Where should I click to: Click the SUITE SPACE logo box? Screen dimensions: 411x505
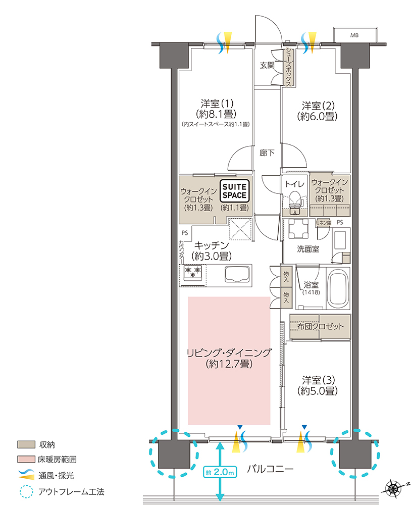tap(235, 191)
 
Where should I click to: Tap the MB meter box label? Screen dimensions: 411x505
tap(354, 35)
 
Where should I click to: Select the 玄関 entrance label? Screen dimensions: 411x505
tap(267, 65)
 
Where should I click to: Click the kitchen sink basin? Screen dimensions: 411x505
tap(238, 274)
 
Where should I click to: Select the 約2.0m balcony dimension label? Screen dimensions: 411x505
tap(220, 473)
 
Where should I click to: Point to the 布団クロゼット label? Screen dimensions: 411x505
tap(321, 327)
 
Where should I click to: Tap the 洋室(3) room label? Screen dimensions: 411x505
tap(318, 385)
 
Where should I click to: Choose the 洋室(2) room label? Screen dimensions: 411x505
tap(317, 111)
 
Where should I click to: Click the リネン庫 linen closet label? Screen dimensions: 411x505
tap(323, 223)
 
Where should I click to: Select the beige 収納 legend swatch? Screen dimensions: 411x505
tap(26, 445)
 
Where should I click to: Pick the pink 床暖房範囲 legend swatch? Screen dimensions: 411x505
tap(26, 459)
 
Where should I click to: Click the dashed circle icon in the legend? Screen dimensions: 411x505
tap(26, 491)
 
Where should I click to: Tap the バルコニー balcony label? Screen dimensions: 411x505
tap(270, 469)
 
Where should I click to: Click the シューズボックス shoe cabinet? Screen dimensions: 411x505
tap(288, 67)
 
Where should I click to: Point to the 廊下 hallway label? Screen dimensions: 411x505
tap(267, 153)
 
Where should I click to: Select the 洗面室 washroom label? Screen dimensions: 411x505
tap(308, 249)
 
